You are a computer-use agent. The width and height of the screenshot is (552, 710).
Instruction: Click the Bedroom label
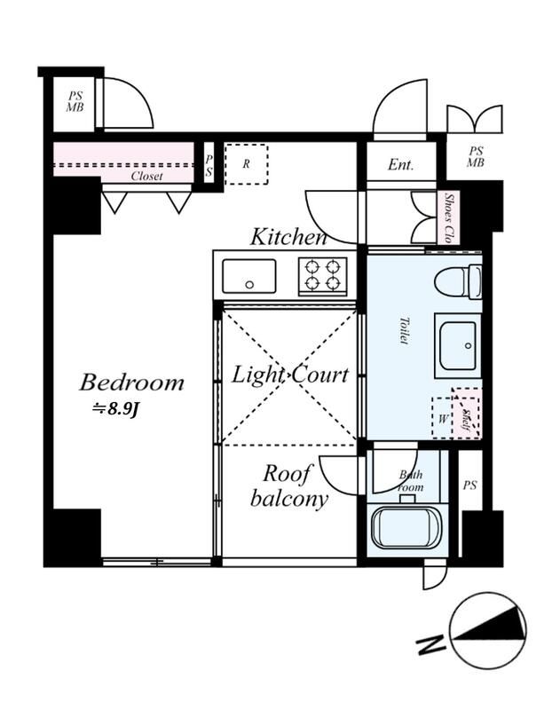point(131,383)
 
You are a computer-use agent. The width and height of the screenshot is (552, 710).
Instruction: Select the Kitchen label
point(288,237)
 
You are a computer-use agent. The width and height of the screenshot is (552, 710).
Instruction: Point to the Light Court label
point(290,375)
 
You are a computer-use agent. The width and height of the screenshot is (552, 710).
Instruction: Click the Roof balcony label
point(289,485)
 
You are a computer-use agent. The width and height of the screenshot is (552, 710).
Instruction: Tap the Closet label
point(146,177)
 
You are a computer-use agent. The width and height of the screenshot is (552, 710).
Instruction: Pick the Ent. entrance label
point(401,166)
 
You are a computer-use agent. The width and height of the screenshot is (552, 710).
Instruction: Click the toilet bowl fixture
point(458,282)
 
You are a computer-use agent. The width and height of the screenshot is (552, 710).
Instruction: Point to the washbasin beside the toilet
point(457,344)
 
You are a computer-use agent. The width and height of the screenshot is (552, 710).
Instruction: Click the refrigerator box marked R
point(246,164)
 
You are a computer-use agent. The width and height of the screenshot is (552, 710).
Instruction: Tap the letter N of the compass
point(432,645)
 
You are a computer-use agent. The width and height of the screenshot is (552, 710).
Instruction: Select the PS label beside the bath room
point(469,485)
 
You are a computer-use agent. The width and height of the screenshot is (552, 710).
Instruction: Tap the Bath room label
point(411,482)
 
